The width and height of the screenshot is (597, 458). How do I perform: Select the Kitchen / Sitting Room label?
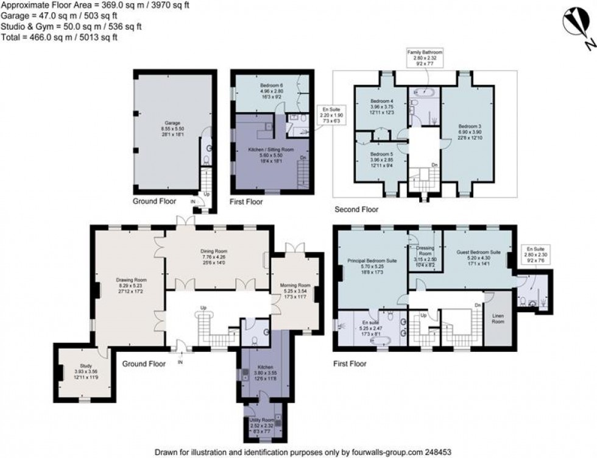(269, 149)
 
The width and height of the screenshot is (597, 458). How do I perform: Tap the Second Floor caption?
(356, 209)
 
